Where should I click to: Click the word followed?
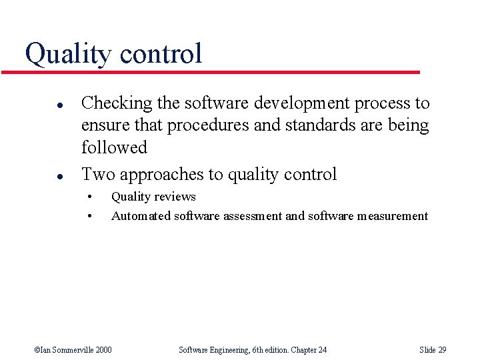[x=113, y=147]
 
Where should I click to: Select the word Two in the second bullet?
[x=97, y=175]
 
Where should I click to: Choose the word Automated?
[x=141, y=216]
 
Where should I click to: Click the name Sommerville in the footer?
[x=72, y=350]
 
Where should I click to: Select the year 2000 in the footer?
[x=103, y=350]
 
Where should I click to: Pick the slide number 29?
[x=442, y=350]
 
